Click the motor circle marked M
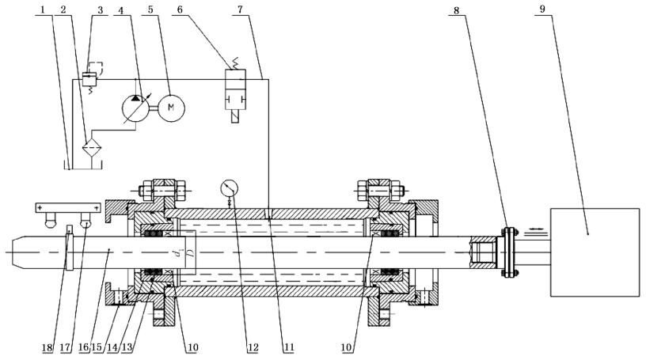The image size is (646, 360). click(x=171, y=108)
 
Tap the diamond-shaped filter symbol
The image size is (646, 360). click(x=92, y=146)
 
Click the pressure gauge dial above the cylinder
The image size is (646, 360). click(x=229, y=188)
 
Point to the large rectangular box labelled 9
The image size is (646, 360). click(x=595, y=252)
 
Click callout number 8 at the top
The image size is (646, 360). click(x=456, y=10)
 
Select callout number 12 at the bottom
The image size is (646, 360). click(x=253, y=347)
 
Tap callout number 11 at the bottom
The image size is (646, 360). click(x=289, y=347)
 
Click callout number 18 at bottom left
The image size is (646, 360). click(x=47, y=347)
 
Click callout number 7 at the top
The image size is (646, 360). click(x=240, y=9)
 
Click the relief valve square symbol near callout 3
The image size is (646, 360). click(x=89, y=79)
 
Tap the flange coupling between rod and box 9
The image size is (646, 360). click(x=510, y=252)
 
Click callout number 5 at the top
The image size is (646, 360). click(x=150, y=9)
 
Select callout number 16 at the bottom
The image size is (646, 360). click(x=84, y=347)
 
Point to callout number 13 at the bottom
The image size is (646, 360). click(x=127, y=347)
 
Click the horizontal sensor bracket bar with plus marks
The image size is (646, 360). click(x=68, y=207)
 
